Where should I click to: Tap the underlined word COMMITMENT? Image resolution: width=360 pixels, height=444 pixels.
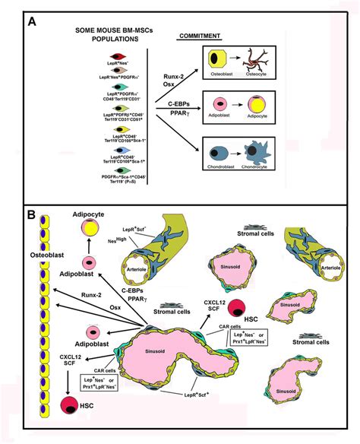[x=199, y=35]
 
